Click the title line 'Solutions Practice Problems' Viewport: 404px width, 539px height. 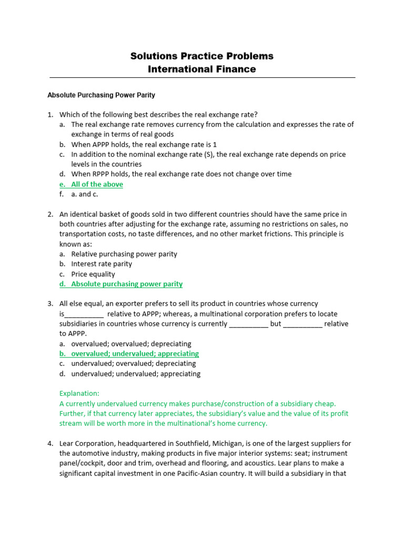(202, 56)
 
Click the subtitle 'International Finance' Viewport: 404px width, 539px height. (202, 69)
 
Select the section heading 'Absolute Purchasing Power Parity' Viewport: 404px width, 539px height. (101, 95)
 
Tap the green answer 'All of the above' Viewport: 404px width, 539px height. (97, 184)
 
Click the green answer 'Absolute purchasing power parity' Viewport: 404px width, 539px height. (127, 284)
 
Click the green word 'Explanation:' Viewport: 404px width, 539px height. (79, 393)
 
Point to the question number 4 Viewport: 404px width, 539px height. (50, 443)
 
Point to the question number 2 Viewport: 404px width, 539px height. (50, 214)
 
